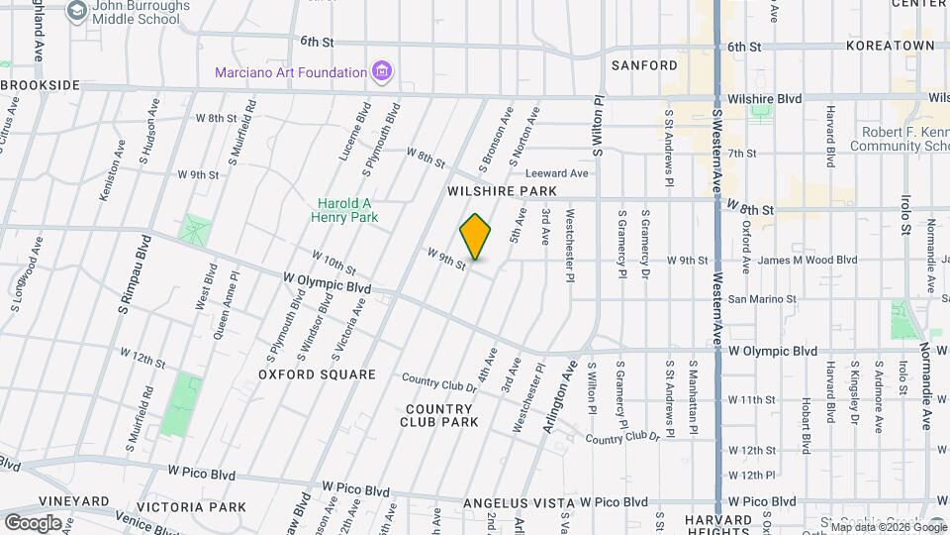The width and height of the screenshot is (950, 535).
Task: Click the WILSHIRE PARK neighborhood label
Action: coord(502,190)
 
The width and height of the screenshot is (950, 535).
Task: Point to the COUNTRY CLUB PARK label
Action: coord(439,415)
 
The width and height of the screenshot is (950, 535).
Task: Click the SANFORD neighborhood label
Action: coord(644,65)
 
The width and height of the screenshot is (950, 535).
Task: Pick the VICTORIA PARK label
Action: coord(193,507)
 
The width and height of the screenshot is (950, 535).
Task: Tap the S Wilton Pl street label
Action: coord(599,127)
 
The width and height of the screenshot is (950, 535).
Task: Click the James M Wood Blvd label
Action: coord(807,261)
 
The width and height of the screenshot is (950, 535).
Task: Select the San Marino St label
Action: coord(762,299)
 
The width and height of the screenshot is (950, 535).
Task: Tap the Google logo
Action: coord(33,522)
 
